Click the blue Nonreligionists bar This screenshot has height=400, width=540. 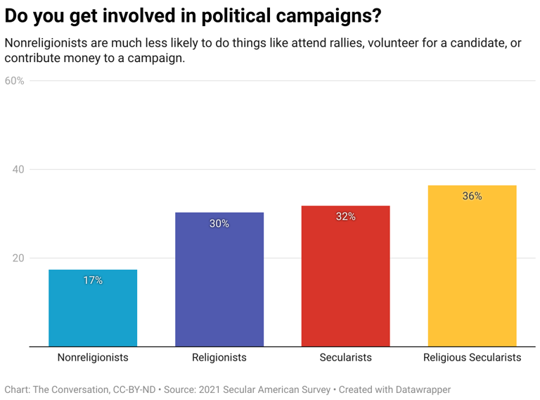click(x=93, y=308)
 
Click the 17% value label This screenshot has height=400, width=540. click(x=93, y=280)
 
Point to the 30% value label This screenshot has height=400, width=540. click(x=219, y=223)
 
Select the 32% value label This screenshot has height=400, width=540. click(x=345, y=216)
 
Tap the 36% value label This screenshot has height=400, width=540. click(x=472, y=196)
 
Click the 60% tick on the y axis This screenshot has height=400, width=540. click(x=15, y=81)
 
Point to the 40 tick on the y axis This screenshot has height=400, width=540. click(x=18, y=170)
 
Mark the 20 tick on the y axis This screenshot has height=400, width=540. click(x=18, y=258)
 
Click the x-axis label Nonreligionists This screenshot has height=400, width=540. click(x=93, y=358)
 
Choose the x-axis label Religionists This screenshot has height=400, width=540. click(x=219, y=358)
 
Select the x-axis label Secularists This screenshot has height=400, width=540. click(x=345, y=358)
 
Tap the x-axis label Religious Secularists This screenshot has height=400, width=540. click(x=472, y=358)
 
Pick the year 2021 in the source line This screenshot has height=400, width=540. click(x=210, y=389)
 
